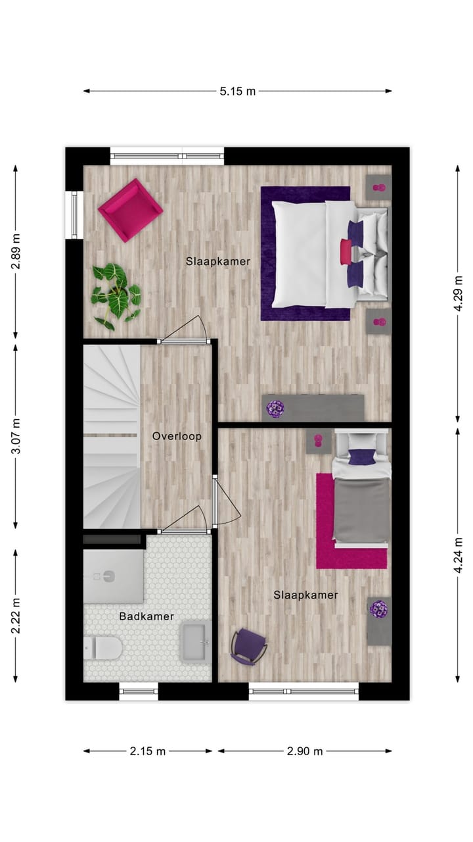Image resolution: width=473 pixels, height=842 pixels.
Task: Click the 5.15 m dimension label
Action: [x=237, y=91]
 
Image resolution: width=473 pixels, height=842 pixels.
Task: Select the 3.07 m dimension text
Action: [x=16, y=436]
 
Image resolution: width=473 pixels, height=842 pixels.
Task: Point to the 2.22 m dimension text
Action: [x=16, y=616]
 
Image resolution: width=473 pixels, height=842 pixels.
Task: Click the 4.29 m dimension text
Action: [x=458, y=288]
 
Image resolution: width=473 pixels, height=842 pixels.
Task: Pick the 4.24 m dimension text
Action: [x=458, y=556]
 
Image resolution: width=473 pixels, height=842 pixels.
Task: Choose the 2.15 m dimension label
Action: [x=147, y=751]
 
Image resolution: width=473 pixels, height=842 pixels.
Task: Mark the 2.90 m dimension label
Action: [x=305, y=751]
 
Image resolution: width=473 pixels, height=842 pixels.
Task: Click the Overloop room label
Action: [x=177, y=436]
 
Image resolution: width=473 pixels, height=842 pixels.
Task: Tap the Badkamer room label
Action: [x=146, y=616]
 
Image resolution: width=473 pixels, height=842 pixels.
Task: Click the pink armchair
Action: [x=130, y=209]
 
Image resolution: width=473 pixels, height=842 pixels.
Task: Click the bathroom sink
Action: [x=195, y=641]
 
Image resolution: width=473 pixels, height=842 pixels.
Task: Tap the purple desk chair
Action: [x=248, y=645]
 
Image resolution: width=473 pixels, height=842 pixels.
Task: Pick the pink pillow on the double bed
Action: [x=346, y=252]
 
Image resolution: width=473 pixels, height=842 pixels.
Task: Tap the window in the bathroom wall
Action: [x=139, y=691]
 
